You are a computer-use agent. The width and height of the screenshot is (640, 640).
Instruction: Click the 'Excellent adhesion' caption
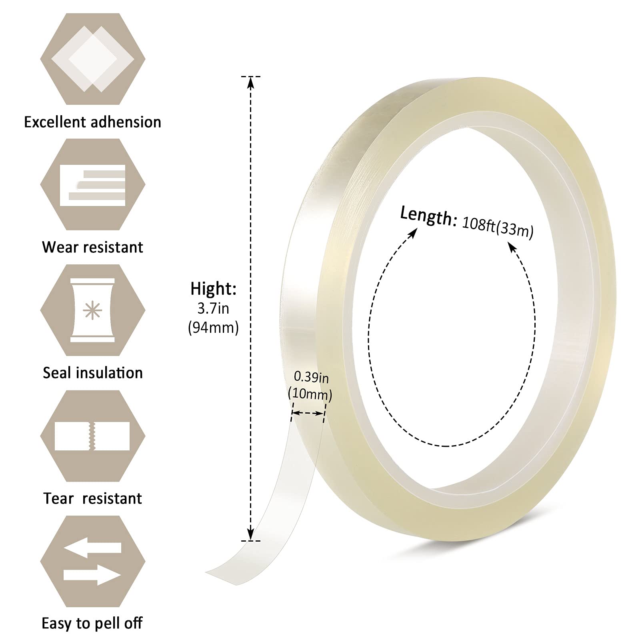click(92, 122)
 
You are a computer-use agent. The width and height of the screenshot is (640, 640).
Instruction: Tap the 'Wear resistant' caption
click(92, 247)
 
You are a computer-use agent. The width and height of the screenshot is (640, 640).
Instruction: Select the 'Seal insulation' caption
click(93, 373)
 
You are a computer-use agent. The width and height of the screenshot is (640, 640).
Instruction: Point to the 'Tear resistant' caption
click(92, 498)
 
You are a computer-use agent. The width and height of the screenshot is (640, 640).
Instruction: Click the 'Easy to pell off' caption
click(92, 623)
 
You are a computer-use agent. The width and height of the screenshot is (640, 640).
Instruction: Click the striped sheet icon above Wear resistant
click(92, 185)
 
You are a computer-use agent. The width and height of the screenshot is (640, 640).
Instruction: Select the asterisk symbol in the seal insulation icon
click(92, 310)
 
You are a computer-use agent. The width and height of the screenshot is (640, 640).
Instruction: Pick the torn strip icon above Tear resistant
click(92, 436)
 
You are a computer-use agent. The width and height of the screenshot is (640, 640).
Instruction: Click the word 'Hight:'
click(213, 289)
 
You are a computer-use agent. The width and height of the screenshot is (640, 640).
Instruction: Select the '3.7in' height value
click(213, 308)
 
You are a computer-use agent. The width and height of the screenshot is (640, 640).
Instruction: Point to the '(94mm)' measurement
click(213, 328)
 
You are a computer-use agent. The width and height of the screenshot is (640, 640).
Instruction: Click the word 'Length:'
click(428, 216)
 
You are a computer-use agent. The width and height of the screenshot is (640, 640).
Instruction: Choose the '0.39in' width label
click(311, 377)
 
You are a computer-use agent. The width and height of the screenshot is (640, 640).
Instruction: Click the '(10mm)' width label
click(310, 394)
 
